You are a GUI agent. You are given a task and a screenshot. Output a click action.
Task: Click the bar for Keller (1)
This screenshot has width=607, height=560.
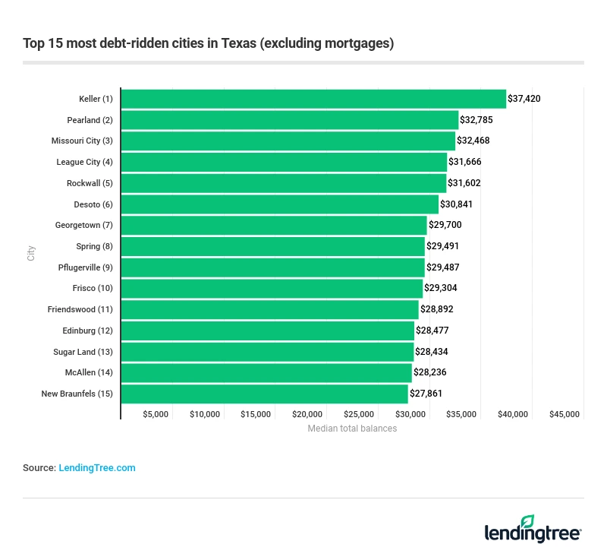coord(313,99)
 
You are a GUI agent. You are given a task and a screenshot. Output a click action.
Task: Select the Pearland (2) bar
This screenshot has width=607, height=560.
coord(290,120)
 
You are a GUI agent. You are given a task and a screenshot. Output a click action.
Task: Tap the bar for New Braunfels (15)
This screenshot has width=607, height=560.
coord(264,394)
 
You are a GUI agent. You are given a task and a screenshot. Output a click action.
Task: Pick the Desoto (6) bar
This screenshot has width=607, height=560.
coord(280,204)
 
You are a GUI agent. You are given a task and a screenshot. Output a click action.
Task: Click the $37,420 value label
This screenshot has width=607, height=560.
coord(524,99)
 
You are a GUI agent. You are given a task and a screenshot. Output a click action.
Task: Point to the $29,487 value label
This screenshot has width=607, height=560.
coord(443,267)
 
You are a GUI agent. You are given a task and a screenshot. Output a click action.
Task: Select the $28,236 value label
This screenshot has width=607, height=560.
coord(430,372)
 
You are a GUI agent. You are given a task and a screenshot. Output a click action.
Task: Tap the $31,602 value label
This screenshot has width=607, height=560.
coord(464,183)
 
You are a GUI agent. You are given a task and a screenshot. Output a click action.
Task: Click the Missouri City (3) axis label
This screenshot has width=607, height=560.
coord(82,141)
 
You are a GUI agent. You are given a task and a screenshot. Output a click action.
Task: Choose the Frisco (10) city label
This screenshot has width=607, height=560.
coord(93,289)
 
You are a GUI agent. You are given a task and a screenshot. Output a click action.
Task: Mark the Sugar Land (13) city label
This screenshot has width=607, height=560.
coord(83,352)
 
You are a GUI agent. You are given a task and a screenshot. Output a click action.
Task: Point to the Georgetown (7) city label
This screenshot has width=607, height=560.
coord(83,226)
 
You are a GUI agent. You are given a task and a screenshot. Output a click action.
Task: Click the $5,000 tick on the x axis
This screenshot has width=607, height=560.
coord(156,414)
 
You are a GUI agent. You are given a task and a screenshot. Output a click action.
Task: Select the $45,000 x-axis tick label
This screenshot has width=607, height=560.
coord(564,414)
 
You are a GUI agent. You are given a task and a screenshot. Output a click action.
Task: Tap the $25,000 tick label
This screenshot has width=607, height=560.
coord(359,414)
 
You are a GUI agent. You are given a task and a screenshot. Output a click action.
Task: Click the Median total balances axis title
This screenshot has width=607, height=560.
coord(352,429)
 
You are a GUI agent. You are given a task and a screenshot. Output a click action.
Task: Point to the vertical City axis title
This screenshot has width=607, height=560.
coord(31,253)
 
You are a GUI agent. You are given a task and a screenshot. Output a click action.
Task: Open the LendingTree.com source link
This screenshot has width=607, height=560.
coord(97,468)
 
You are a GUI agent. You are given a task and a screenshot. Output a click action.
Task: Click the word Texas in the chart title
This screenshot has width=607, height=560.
coord(238,43)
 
